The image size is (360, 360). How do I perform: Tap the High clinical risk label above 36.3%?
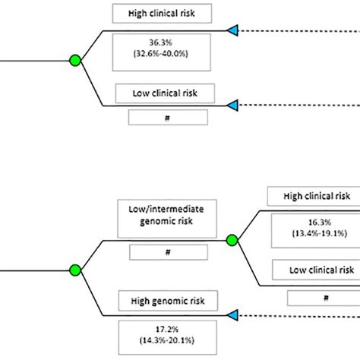(162, 12)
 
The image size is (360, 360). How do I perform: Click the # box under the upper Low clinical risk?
(167, 117)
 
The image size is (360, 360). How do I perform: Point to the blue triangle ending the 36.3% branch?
(233, 30)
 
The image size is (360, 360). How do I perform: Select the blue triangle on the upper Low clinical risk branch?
(233, 105)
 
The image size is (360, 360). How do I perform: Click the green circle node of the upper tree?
(74, 60)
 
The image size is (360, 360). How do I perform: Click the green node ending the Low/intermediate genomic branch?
(232, 240)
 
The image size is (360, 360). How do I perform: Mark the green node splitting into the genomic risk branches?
(74, 269)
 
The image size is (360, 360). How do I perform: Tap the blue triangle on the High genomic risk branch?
(233, 314)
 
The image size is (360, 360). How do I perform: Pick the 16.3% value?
(314, 223)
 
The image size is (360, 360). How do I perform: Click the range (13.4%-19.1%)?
(314, 234)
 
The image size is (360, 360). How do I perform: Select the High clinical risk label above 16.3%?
(312, 196)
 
